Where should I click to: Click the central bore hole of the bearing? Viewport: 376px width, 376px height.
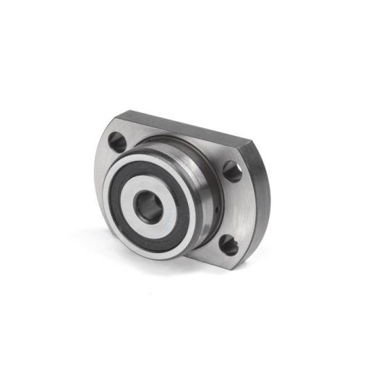click(150, 205)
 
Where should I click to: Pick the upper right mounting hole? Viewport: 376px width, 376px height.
click(232, 171)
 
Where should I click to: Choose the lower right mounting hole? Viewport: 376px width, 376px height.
click(228, 245)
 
